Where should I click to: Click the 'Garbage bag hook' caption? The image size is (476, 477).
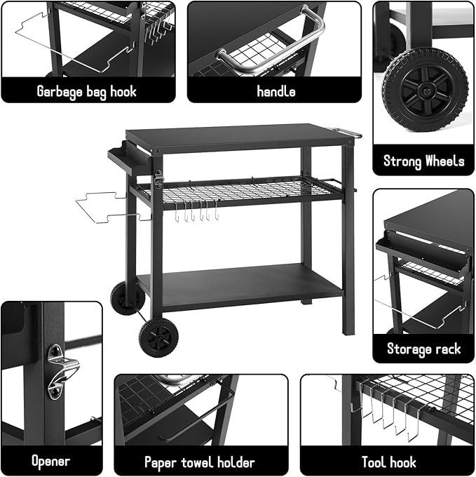pyautogui.click(x=87, y=91)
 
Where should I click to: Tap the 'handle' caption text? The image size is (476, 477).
pyautogui.click(x=276, y=91)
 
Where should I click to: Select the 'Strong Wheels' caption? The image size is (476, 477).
pyautogui.click(x=423, y=161)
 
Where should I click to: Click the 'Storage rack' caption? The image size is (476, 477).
pyautogui.click(x=423, y=349)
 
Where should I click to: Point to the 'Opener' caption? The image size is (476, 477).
pyautogui.click(x=50, y=462)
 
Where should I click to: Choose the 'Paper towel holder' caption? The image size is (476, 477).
pyautogui.click(x=200, y=462)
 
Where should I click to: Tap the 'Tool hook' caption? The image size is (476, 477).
pyautogui.click(x=388, y=462)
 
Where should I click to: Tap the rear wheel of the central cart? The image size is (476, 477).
pyautogui.click(x=127, y=298)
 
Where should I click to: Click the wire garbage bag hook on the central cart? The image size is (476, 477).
pyautogui.click(x=105, y=207)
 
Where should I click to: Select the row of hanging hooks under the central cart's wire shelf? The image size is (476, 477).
pyautogui.click(x=196, y=210)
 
